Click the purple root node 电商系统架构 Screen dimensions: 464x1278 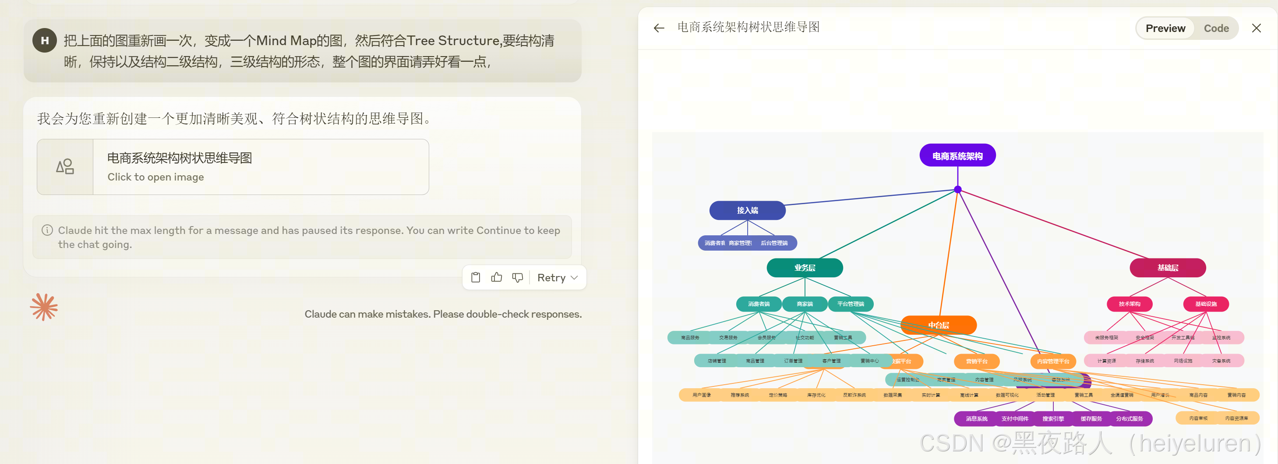(957, 156)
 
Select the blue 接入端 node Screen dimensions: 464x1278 (747, 210)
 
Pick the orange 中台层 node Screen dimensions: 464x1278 (939, 325)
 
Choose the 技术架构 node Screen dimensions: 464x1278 (1129, 304)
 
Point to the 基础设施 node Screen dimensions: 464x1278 (1206, 304)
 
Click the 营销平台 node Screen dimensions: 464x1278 (976, 361)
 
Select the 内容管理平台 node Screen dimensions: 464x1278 (1053, 361)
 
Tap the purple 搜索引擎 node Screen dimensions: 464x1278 (1053, 419)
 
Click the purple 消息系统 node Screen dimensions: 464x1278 (976, 419)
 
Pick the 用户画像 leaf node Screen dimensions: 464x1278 (702, 395)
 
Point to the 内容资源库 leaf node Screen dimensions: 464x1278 (1236, 418)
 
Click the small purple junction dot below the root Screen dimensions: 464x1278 (957, 190)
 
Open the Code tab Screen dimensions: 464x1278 (1216, 28)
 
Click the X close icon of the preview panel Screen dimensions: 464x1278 (1256, 28)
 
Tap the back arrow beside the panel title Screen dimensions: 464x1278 (659, 28)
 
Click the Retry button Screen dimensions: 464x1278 (557, 277)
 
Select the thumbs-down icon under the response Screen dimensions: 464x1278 (517, 277)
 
